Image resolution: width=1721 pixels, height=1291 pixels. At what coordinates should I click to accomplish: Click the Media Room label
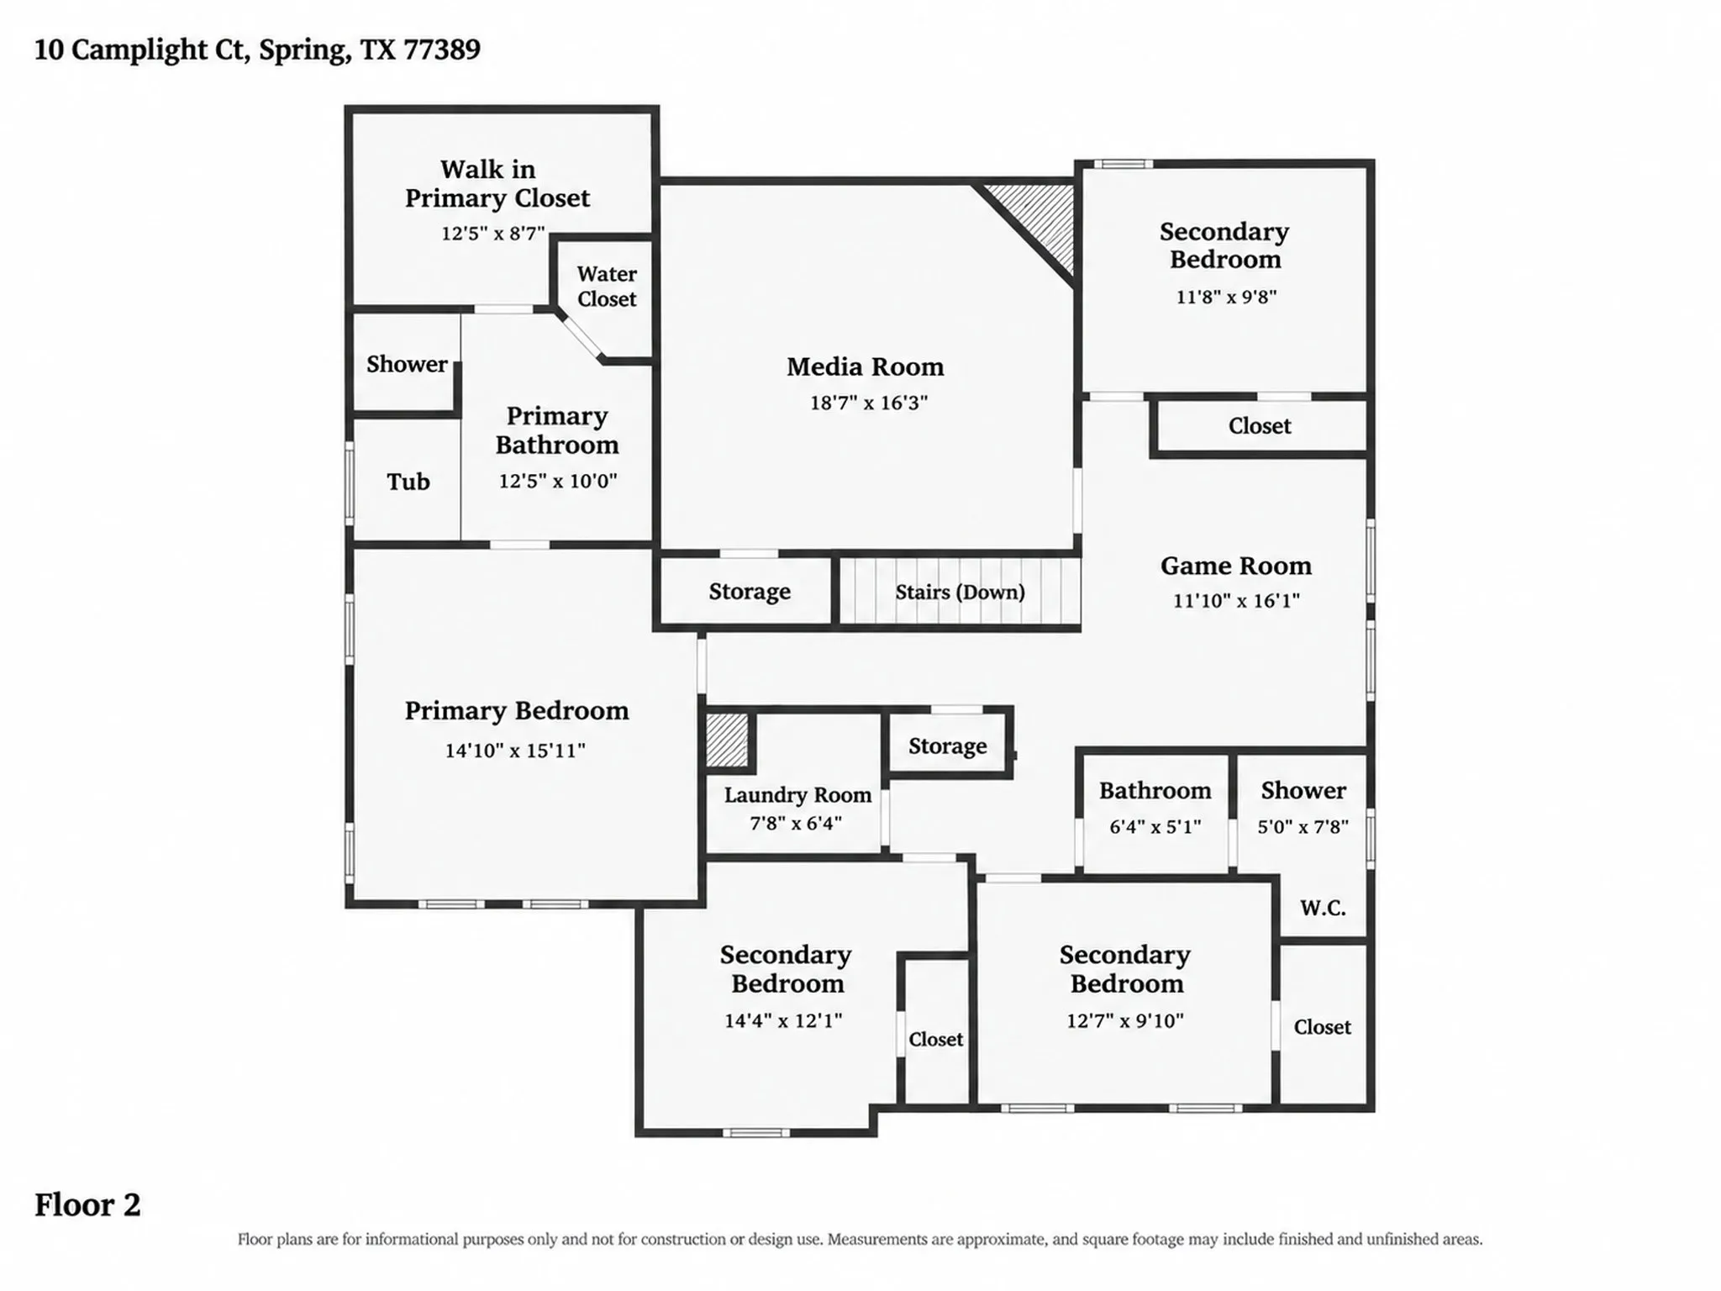[x=865, y=367]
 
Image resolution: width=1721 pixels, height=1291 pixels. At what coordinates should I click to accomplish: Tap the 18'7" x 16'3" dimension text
[x=868, y=403]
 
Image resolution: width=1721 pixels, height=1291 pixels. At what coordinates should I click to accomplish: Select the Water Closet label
[x=607, y=287]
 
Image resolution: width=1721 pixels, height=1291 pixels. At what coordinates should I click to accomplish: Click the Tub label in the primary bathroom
[x=408, y=482]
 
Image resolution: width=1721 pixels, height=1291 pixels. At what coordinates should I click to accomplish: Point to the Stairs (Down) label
[x=960, y=592]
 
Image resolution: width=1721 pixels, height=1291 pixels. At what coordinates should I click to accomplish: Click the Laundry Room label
[x=797, y=795]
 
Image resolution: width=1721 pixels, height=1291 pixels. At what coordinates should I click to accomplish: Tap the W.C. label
[x=1323, y=908]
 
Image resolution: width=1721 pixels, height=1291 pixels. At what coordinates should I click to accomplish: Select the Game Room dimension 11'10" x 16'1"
[x=1236, y=600]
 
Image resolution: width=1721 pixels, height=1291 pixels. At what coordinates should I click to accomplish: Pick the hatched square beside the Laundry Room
[x=727, y=740]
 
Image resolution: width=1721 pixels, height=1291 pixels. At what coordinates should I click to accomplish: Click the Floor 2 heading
[x=87, y=1204]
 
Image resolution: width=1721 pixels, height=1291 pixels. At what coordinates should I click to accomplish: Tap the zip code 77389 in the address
[x=442, y=50]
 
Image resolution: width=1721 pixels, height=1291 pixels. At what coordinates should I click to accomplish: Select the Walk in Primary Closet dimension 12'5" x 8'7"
[x=493, y=233]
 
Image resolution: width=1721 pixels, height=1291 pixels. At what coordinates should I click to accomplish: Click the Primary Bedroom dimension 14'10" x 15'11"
[x=515, y=750]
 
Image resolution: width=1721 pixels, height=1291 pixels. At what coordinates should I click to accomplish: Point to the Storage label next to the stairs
[x=750, y=592]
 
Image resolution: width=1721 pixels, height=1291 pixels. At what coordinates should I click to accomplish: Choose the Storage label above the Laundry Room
[x=948, y=746]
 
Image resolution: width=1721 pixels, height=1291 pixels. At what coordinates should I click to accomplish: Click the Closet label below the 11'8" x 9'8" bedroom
[x=1260, y=426]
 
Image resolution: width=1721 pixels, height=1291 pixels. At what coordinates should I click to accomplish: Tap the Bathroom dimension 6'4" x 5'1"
[x=1155, y=826]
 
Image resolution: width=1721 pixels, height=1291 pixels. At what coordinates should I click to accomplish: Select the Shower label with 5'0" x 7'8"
[x=1303, y=790]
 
